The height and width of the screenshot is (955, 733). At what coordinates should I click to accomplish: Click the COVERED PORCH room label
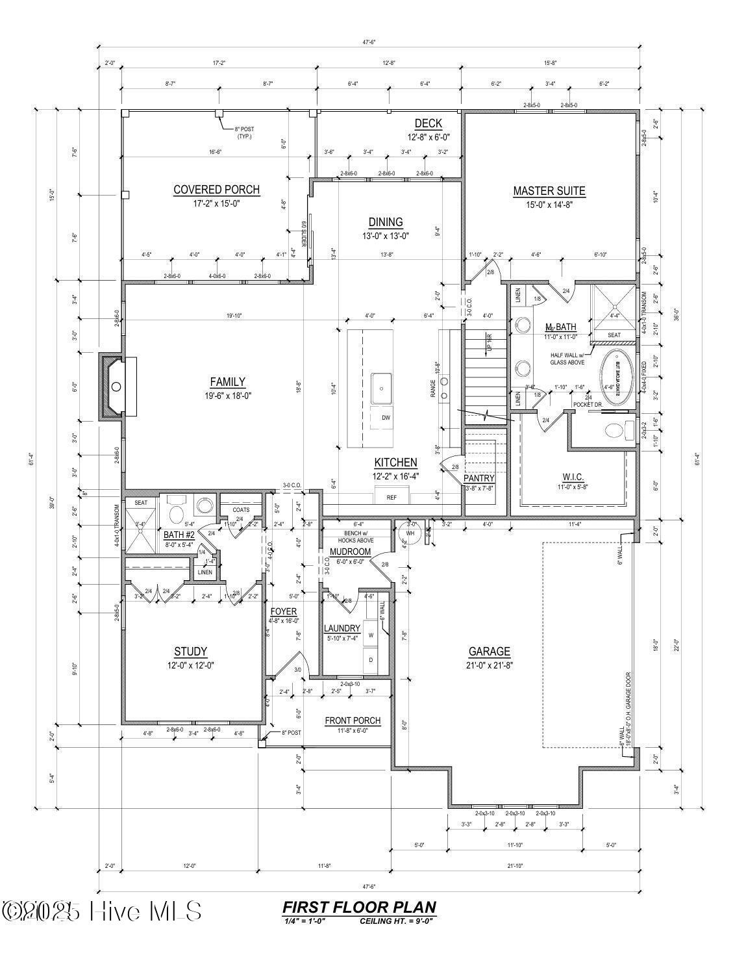tap(216, 190)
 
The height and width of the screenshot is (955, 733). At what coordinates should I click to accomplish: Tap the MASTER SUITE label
tap(549, 191)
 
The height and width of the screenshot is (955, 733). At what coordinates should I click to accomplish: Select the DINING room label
tap(386, 222)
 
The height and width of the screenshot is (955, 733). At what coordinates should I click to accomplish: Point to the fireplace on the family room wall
tap(116, 387)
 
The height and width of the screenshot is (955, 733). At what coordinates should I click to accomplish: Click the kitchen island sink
tap(382, 388)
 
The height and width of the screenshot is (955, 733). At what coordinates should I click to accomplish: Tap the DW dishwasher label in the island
tap(386, 418)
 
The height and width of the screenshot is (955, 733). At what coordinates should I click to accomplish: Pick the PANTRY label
tap(479, 478)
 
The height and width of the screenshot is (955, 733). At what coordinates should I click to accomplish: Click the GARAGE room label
tap(489, 652)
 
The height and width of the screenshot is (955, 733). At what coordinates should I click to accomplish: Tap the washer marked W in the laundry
tap(371, 635)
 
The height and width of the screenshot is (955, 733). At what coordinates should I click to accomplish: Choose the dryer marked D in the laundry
tap(371, 659)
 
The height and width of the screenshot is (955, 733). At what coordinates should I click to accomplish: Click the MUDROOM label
tap(350, 552)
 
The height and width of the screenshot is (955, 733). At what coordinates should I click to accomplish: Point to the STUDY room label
tap(190, 652)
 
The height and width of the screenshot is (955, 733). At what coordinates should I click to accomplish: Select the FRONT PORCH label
tap(353, 720)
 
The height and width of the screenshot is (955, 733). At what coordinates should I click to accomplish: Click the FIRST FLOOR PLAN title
tap(359, 908)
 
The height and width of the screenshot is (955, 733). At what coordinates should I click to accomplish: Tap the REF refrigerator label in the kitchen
tap(391, 498)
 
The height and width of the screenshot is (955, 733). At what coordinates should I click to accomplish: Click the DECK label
tap(428, 123)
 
